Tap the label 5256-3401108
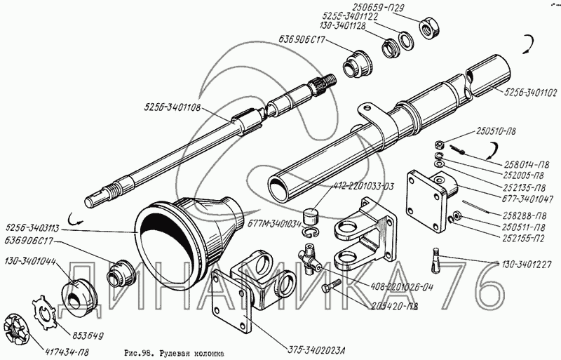click(x=173, y=107)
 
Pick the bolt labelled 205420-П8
click(x=330, y=286)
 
